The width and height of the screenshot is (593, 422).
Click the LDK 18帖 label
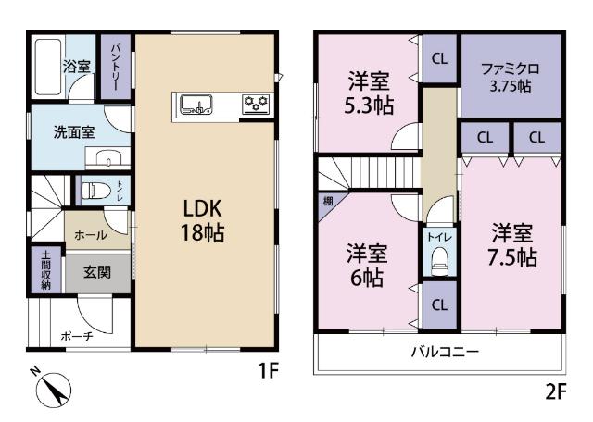coord(202,218)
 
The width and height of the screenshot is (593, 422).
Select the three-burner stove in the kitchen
coord(254,105)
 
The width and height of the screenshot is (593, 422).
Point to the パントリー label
coord(116,66)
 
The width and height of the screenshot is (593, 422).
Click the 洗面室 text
coord(74,131)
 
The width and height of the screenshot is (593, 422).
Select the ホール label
coord(90,235)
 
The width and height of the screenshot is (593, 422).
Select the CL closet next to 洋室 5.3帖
coord(439,57)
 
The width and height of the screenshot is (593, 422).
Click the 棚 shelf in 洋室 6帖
coord(327,200)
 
